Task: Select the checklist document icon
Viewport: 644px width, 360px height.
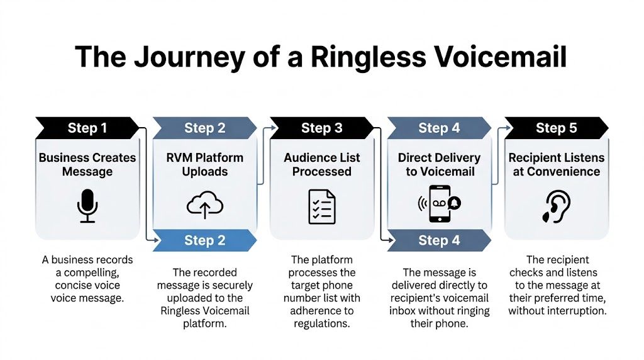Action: click(322, 206)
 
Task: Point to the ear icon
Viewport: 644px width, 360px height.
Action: click(555, 207)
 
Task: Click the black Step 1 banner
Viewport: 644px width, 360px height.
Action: click(87, 128)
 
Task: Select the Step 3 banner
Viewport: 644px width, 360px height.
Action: click(322, 128)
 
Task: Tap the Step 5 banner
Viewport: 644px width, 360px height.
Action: click(556, 128)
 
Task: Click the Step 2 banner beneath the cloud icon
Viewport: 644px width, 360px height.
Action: click(204, 240)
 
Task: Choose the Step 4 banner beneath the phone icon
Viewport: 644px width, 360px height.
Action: click(438, 240)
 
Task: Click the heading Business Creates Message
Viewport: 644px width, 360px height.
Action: click(87, 164)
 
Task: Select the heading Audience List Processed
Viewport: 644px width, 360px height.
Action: click(322, 164)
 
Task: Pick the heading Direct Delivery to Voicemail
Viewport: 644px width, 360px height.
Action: click(438, 164)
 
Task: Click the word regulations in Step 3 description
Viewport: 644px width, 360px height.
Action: click(322, 323)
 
